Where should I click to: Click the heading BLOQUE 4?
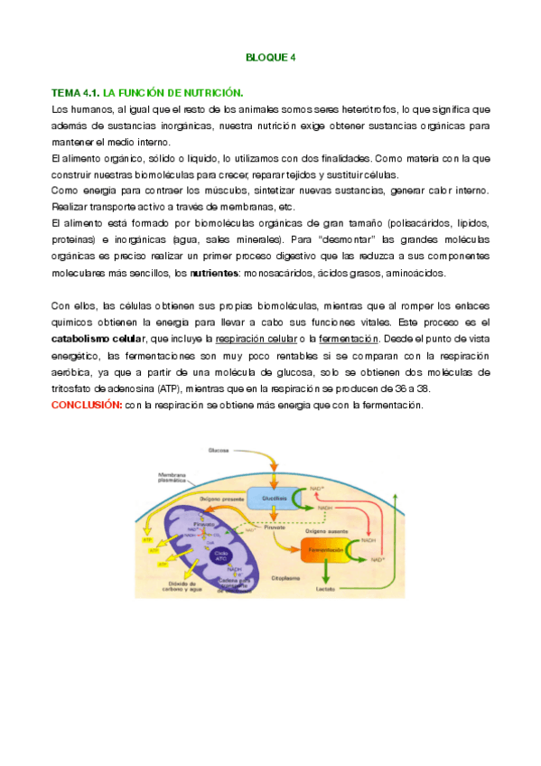point(270,58)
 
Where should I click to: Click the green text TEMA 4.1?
point(76,93)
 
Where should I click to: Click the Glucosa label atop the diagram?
point(219,450)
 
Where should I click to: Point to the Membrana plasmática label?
point(172,477)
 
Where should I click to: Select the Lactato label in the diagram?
point(326,589)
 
